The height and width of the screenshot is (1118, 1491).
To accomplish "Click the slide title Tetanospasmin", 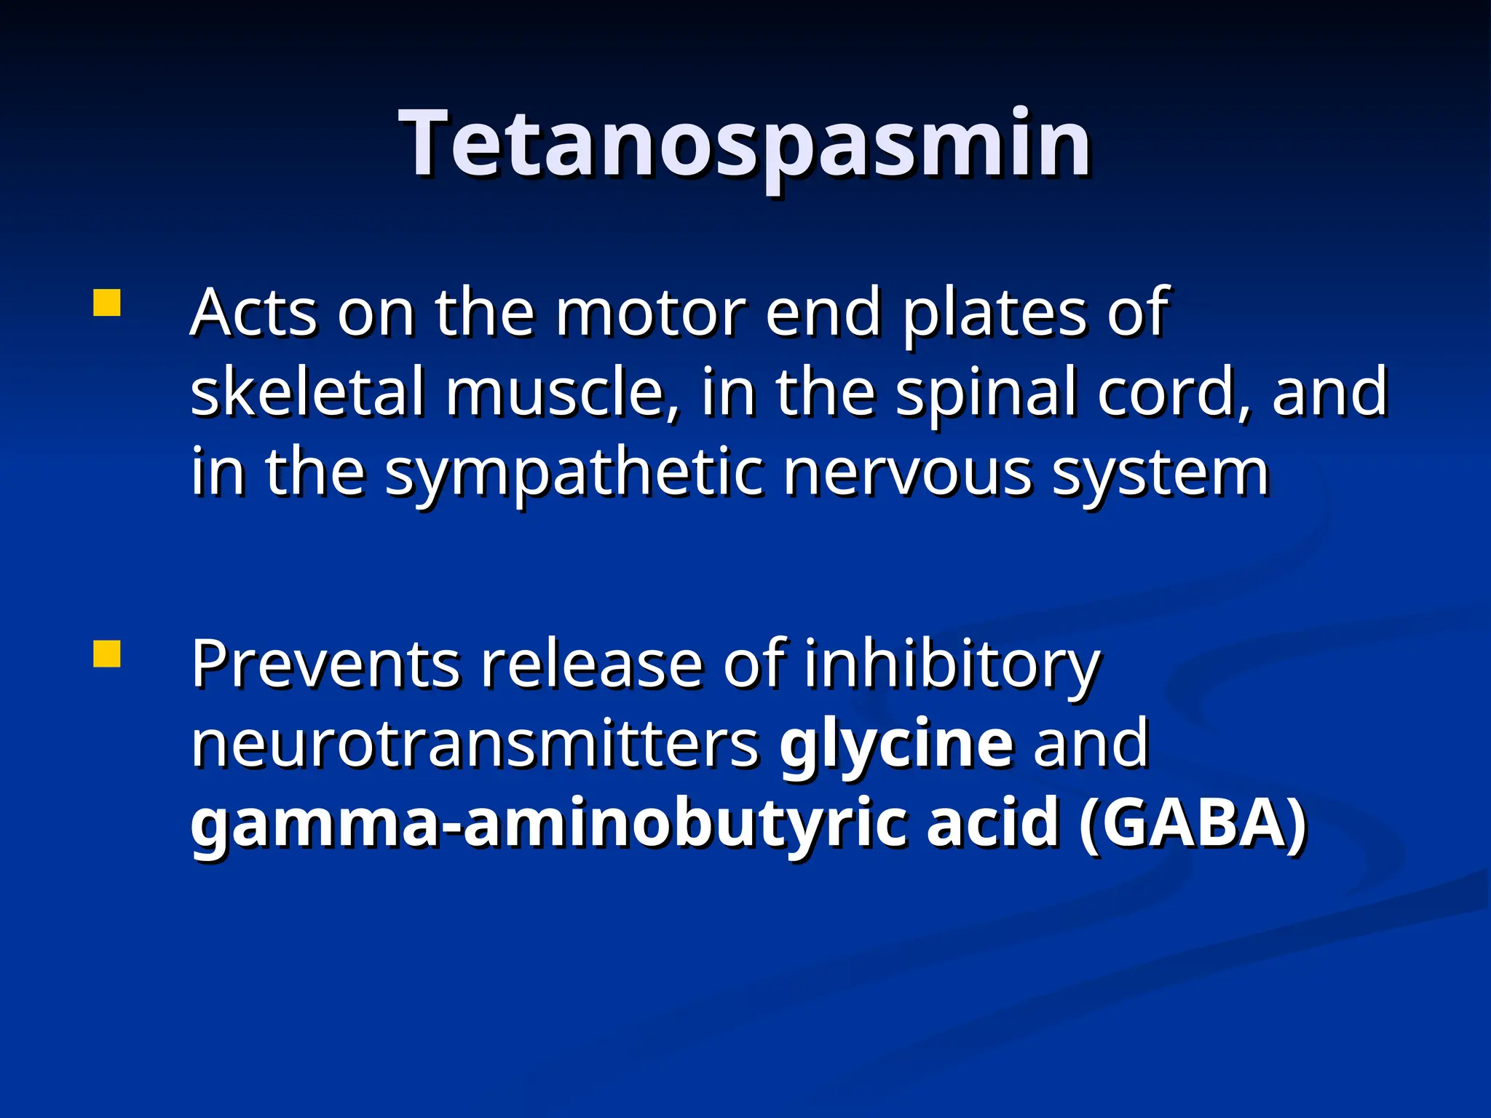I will (x=745, y=143).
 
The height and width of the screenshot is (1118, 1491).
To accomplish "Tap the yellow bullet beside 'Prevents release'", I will (x=106, y=654).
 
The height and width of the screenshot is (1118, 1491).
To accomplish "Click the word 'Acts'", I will (x=254, y=313).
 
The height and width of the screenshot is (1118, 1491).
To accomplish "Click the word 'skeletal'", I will (x=306, y=392).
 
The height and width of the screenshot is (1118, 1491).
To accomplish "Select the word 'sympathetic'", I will (x=575, y=473).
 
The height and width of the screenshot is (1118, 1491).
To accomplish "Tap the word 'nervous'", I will (x=907, y=473).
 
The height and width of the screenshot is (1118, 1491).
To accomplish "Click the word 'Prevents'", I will (x=325, y=665).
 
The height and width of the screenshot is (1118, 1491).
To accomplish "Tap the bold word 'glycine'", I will (x=896, y=745).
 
